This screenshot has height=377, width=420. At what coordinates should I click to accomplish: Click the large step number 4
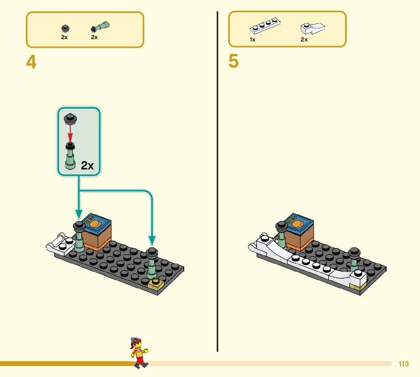click(31, 62)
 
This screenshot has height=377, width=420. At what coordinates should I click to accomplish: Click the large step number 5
click(234, 62)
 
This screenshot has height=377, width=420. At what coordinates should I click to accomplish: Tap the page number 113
click(404, 364)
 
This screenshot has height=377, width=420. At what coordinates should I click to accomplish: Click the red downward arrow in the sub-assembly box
click(70, 133)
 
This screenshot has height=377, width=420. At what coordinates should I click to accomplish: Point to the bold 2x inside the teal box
click(87, 165)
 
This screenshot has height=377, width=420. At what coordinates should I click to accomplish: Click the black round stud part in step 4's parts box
click(65, 29)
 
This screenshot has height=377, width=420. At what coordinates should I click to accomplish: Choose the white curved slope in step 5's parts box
click(313, 28)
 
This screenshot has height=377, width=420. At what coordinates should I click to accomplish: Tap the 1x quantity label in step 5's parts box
click(253, 40)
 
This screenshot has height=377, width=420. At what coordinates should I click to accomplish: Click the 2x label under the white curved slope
click(304, 40)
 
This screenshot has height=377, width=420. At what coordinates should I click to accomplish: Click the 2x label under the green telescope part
click(95, 37)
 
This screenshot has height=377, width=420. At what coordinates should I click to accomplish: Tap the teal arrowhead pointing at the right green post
click(152, 241)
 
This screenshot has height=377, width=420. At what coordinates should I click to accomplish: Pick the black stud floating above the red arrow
click(70, 119)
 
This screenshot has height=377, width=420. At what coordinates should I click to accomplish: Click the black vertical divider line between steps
click(217, 182)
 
